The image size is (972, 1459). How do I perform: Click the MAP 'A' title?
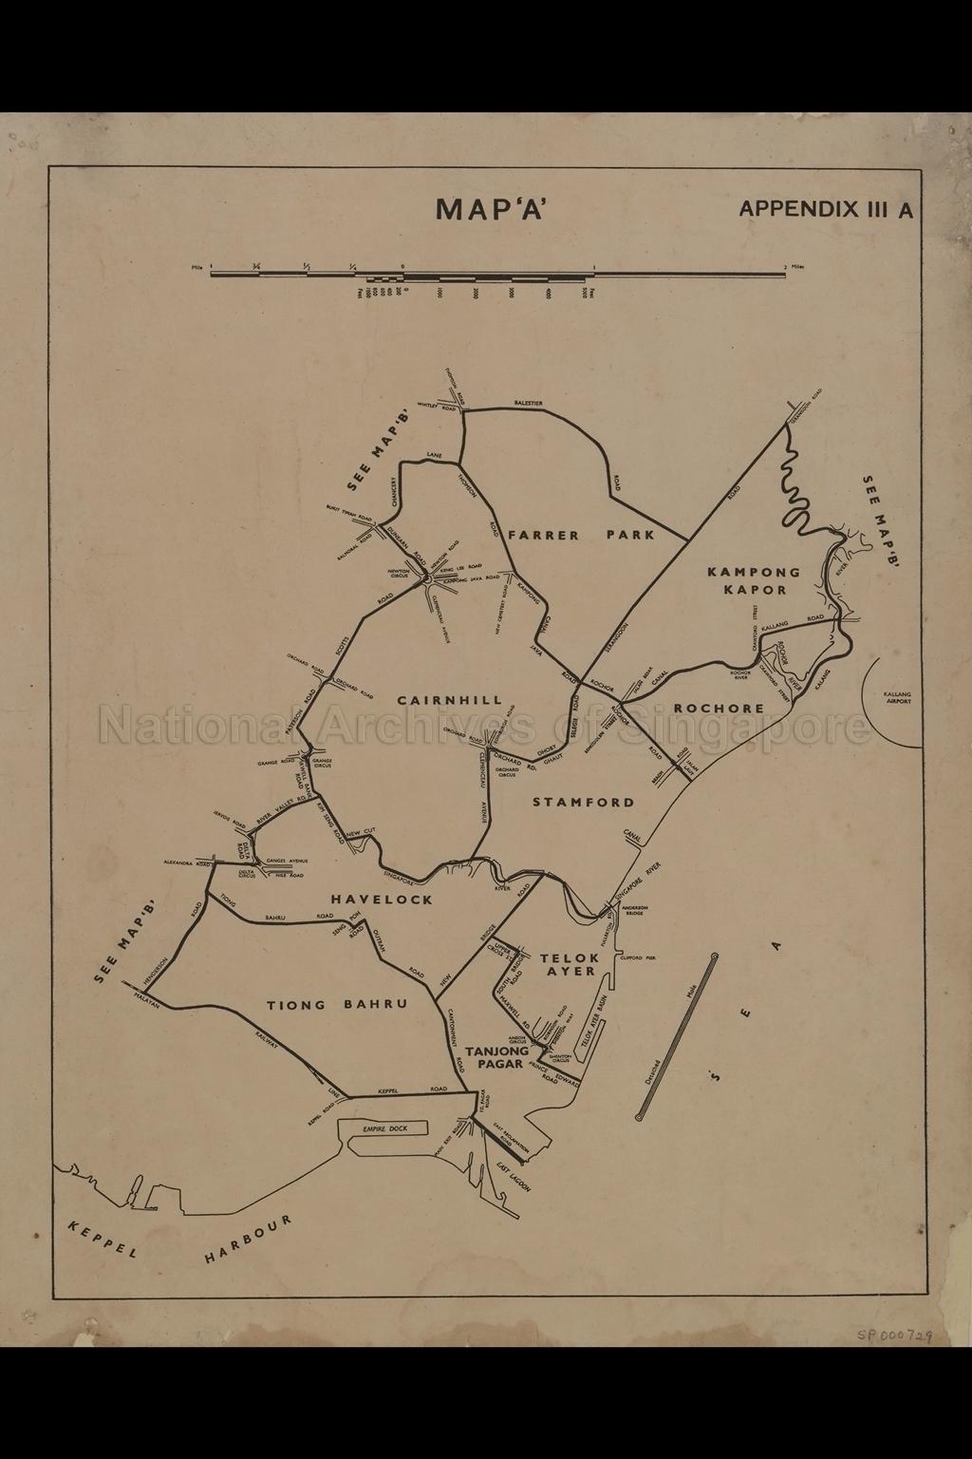[491, 209]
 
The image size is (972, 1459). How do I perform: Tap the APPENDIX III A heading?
[826, 209]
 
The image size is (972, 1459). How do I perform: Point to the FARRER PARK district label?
[580, 535]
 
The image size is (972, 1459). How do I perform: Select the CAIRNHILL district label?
[450, 700]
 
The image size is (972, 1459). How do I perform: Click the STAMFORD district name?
[583, 802]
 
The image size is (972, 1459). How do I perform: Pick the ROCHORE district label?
[719, 708]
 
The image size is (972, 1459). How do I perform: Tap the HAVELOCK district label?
[382, 899]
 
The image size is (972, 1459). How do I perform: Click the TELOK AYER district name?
[570, 964]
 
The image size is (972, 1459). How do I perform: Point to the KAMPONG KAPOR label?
[754, 580]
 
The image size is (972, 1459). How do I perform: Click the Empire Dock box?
[384, 1128]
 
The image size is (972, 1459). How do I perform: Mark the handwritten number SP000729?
[892, 1334]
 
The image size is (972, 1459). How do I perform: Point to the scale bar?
[498, 275]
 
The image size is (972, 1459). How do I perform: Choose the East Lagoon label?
[514, 1179]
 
